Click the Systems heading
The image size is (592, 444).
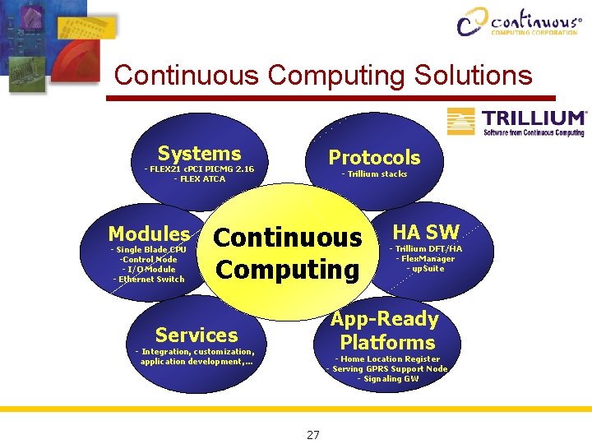click(199, 154)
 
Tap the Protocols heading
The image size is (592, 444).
click(374, 158)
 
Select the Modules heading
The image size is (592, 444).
click(149, 234)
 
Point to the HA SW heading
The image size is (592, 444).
click(426, 232)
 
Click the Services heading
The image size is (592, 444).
click(196, 335)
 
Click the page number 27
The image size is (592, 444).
click(312, 435)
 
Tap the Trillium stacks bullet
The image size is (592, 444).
click(374, 174)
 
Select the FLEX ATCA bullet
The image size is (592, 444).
click(199, 179)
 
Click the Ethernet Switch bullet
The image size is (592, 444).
click(149, 280)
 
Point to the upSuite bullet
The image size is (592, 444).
click(425, 269)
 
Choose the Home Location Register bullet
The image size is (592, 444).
click(387, 359)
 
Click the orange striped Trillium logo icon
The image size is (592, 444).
click(461, 121)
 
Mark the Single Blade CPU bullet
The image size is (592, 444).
click(149, 250)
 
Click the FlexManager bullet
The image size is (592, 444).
click(425, 259)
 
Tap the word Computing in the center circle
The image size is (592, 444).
click(287, 270)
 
